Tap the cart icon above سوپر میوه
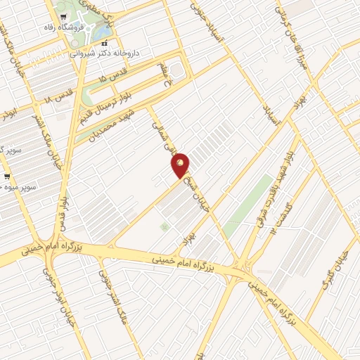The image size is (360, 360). tap(6, 176)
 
